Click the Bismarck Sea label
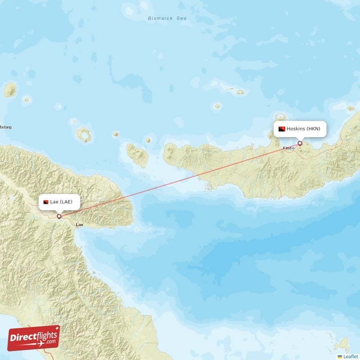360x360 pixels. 167,18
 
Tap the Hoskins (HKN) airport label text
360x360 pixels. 304,129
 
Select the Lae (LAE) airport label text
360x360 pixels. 61,202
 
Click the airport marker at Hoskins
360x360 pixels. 300,144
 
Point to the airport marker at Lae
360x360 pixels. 59,216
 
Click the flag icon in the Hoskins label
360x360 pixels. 282,129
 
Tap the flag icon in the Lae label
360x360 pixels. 46,202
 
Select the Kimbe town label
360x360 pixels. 288,148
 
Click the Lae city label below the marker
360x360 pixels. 80,224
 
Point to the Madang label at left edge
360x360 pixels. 5,127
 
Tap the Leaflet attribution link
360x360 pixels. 351,356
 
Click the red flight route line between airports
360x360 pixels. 180,180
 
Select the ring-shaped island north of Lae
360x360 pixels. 83,134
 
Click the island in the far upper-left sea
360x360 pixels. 10,90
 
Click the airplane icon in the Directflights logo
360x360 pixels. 42,343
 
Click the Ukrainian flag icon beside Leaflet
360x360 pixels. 340,356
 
